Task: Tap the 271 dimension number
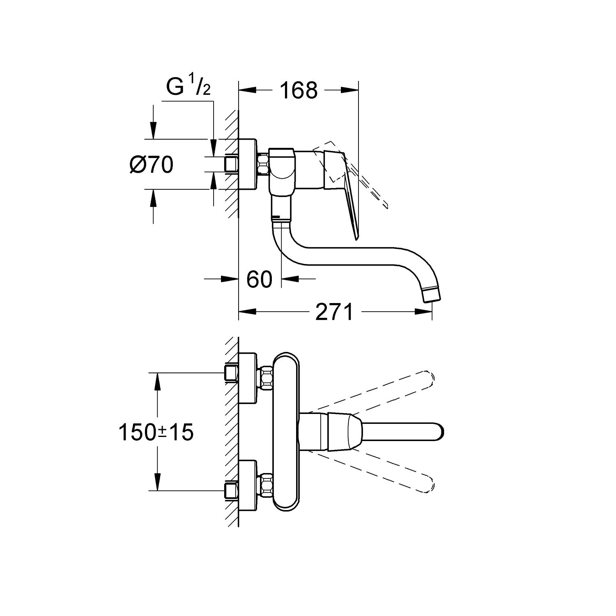[x=334, y=312]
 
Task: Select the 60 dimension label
[x=260, y=279]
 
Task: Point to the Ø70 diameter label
[x=151, y=165]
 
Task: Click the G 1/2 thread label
[x=188, y=87]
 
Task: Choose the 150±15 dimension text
[x=156, y=432]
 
